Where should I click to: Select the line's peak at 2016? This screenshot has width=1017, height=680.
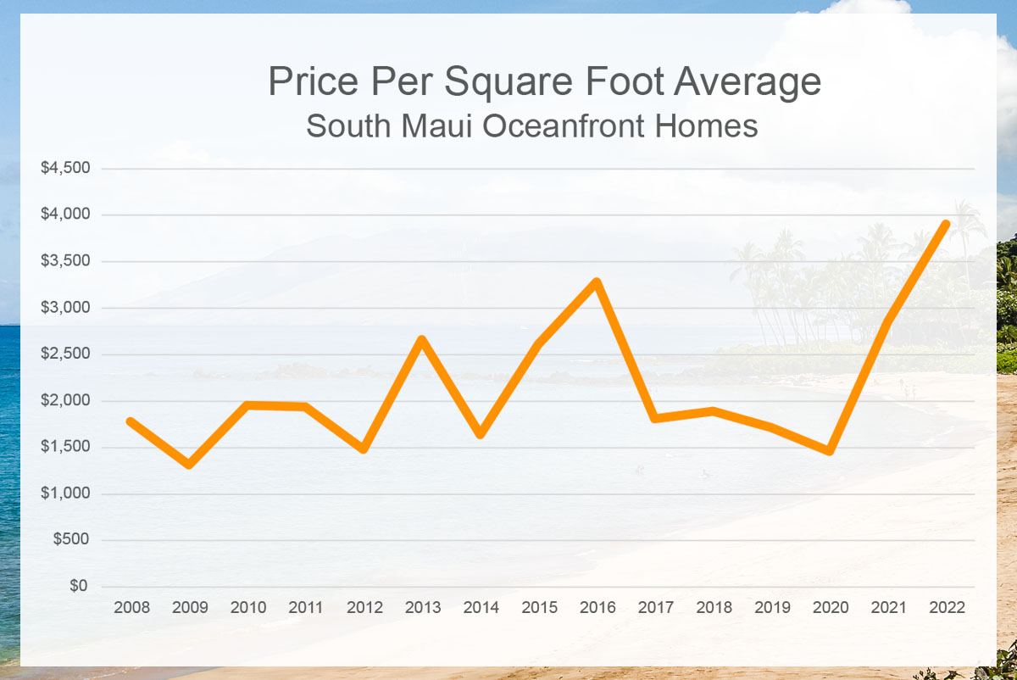coord(597,281)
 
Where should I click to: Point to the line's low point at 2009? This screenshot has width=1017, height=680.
coord(189,464)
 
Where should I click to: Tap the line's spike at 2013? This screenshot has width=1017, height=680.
coord(422,339)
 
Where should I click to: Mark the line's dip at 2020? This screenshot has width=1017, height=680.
coord(829,451)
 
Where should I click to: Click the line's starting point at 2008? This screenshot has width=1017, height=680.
coord(131,421)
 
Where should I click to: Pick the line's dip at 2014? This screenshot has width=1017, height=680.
coord(481,434)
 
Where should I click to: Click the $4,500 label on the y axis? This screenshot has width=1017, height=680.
coord(65,169)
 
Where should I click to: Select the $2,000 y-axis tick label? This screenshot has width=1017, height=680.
coord(65,401)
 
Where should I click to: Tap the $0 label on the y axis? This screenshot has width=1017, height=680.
coord(77,587)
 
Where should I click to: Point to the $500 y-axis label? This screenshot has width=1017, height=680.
coord(72,540)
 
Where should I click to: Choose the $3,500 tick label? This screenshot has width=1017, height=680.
coord(65,261)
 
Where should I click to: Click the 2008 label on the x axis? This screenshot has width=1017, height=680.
coord(131,608)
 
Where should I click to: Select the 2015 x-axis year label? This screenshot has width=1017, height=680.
coord(539,608)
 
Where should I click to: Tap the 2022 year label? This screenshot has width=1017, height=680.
coord(947,608)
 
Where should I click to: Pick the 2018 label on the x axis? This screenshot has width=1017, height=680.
coord(714,608)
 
